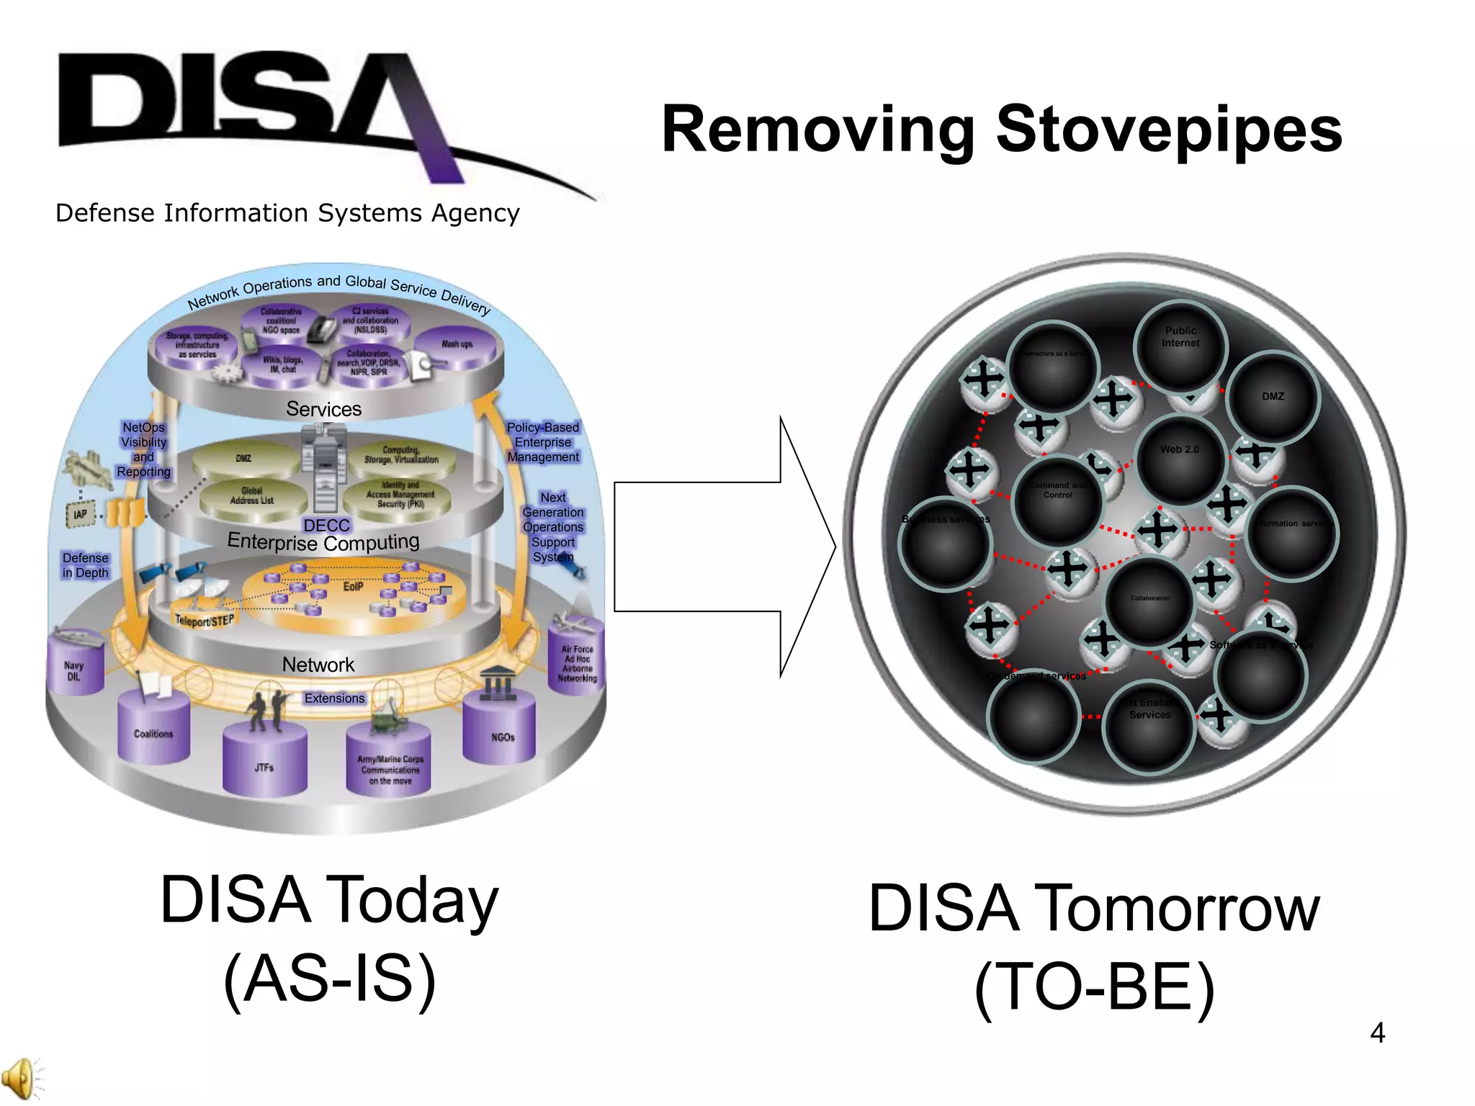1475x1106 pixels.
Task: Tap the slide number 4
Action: [x=1377, y=1033]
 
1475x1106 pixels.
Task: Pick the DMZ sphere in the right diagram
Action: [x=1273, y=397]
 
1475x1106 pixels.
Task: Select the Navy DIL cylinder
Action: [x=74, y=666]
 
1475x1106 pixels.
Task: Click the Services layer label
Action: [x=323, y=409]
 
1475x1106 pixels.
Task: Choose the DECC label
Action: [x=326, y=526]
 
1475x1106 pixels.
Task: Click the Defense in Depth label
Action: [x=85, y=565]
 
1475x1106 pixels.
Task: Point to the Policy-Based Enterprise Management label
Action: [x=542, y=442]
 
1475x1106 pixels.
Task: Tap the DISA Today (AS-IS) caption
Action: [x=329, y=940]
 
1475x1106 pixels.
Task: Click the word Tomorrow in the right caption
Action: [x=1177, y=909]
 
